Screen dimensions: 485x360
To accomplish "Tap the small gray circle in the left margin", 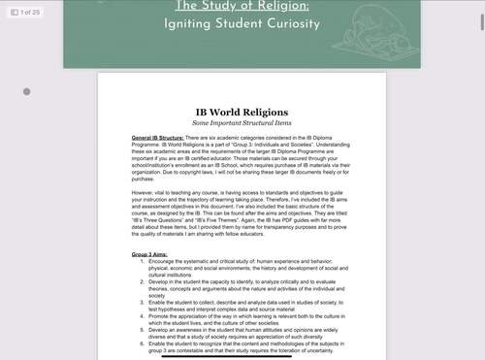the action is [26, 92].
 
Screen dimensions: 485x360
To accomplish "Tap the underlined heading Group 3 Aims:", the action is [153, 253].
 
